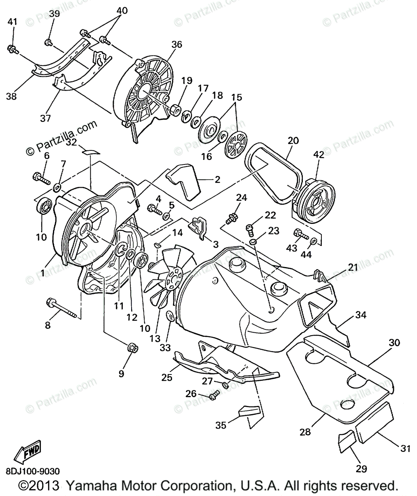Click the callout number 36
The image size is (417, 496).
pos(177,45)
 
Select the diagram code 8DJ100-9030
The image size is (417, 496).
pos(33,472)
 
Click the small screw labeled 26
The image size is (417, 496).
pos(213,397)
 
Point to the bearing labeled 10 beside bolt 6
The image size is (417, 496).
pos(43,205)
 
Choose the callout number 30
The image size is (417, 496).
pos(394,342)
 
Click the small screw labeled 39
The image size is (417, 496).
pos(49,42)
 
